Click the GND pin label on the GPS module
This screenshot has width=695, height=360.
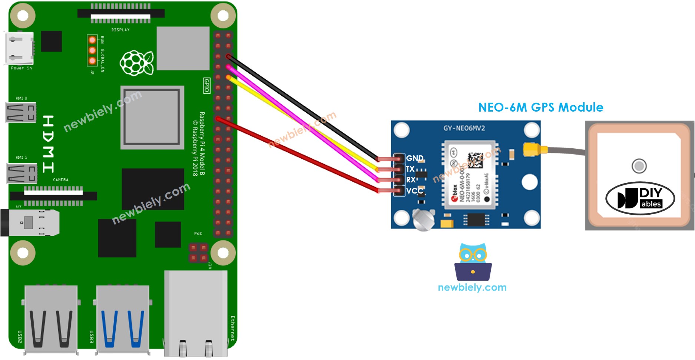414,158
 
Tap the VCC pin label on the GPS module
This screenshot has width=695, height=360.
414,191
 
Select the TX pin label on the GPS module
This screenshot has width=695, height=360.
410,169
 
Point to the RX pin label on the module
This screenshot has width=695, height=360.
411,180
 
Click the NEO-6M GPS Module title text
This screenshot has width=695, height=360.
540,108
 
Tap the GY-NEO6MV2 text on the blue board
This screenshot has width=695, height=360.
464,128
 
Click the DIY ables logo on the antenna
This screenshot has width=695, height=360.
640,198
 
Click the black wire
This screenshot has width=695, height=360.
304,108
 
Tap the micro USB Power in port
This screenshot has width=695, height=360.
19,48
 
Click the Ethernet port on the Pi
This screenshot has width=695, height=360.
196,313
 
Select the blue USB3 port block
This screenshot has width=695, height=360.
123,319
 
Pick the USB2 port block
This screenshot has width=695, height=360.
51,319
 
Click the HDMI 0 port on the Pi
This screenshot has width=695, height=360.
21,112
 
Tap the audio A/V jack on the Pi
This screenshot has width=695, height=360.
30,222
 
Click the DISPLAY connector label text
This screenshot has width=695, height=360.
120,30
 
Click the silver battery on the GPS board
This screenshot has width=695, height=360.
423,219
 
